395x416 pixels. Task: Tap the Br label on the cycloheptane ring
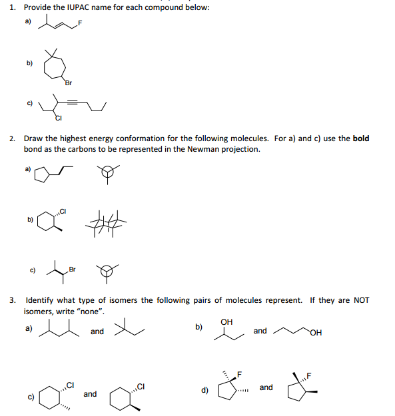coord(68,83)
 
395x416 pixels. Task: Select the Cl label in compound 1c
coord(59,119)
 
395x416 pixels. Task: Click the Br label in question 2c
coord(73,270)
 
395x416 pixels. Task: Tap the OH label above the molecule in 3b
coord(226,322)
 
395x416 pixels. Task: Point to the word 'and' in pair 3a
coord(97,331)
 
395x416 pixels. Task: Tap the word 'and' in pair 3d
coord(266,387)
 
